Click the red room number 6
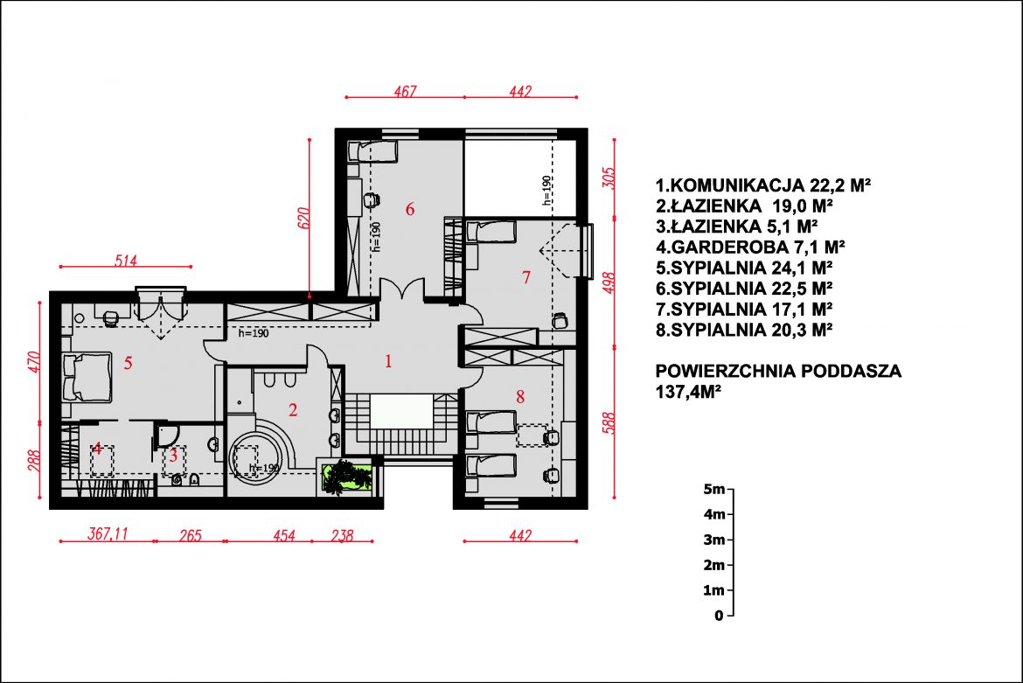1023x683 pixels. click(410, 209)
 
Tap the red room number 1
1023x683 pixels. click(389, 361)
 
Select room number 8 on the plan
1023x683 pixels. click(520, 396)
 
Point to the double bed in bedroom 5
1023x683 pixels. click(87, 377)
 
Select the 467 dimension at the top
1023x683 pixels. click(405, 91)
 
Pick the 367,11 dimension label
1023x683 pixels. click(108, 533)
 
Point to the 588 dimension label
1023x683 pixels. click(608, 423)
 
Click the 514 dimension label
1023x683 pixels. click(126, 261)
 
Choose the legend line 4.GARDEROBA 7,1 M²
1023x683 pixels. click(750, 247)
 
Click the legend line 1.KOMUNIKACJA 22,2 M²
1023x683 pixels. click(763, 185)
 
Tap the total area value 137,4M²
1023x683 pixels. click(688, 392)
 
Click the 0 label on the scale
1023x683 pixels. click(719, 615)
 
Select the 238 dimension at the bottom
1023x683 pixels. click(342, 535)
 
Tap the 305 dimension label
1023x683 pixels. click(608, 178)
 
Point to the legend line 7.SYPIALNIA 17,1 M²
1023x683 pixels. click(744, 309)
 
